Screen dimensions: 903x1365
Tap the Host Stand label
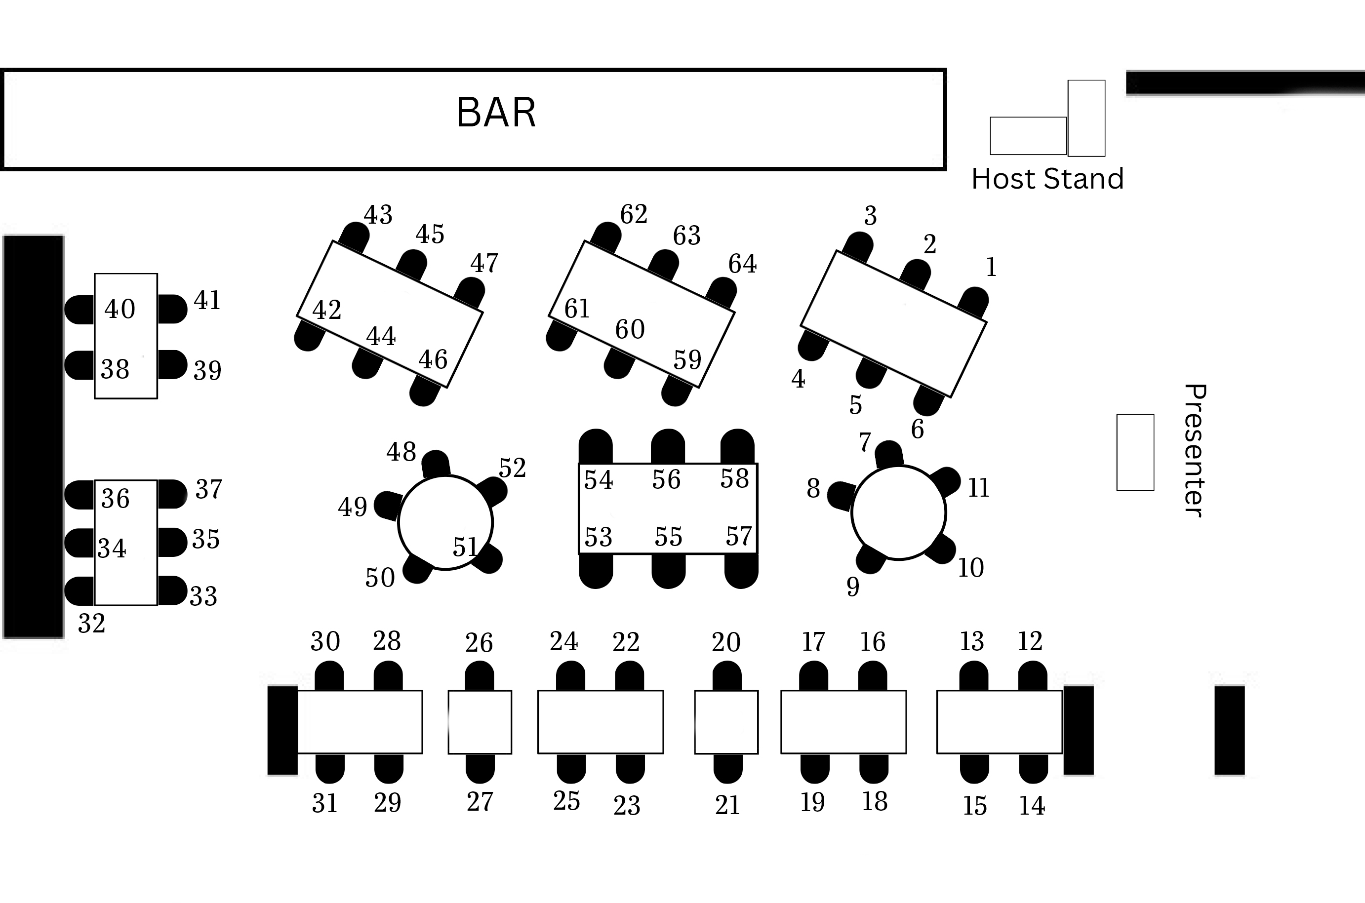point(1047,179)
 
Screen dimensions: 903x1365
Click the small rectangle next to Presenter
point(1135,452)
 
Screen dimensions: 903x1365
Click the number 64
point(742,264)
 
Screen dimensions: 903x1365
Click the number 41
point(207,301)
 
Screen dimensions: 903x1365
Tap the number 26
point(479,643)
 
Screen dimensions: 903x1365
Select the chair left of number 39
point(172,364)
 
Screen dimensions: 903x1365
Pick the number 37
point(208,489)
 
